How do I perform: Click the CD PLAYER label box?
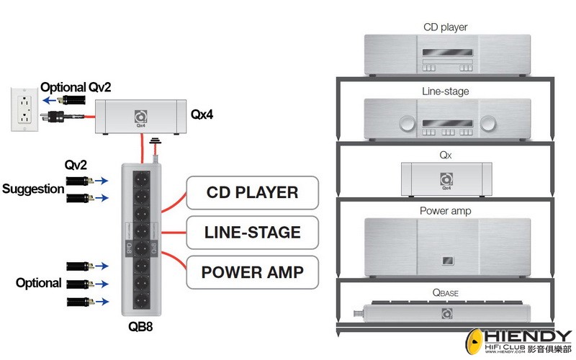252,192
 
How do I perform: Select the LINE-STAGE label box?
252,233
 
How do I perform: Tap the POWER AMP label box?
252,273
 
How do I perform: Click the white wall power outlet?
22,109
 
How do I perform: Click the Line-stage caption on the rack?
445,92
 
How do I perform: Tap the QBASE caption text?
445,293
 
